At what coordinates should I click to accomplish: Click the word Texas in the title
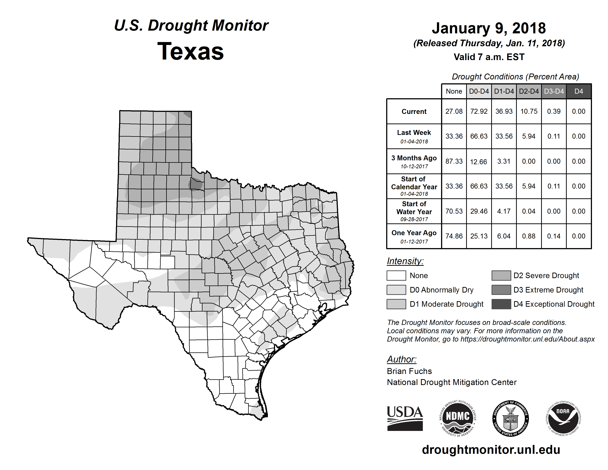pyautogui.click(x=191, y=51)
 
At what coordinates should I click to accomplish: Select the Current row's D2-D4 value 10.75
pyautogui.click(x=529, y=111)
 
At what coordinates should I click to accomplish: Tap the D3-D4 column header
pyautogui.click(x=554, y=91)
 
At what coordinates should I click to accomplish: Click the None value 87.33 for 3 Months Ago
pyautogui.click(x=454, y=161)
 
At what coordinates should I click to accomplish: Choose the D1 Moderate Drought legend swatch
pyautogui.click(x=396, y=304)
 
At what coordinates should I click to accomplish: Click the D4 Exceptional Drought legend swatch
pyautogui.click(x=501, y=304)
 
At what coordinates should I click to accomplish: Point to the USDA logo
pyautogui.click(x=405, y=418)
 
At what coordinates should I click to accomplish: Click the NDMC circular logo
pyautogui.click(x=458, y=418)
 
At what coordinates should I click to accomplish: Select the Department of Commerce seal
pyautogui.click(x=510, y=418)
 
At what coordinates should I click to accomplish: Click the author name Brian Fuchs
pyautogui.click(x=409, y=371)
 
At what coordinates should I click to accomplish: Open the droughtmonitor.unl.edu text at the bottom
pyautogui.click(x=491, y=450)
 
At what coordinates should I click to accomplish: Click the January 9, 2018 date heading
pyautogui.click(x=489, y=28)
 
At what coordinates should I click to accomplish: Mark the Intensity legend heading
pyautogui.click(x=405, y=261)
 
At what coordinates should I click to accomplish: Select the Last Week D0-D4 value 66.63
pyautogui.click(x=479, y=136)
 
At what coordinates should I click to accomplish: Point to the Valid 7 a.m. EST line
pyautogui.click(x=489, y=57)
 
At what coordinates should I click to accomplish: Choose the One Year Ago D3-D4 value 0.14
pyautogui.click(x=554, y=236)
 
